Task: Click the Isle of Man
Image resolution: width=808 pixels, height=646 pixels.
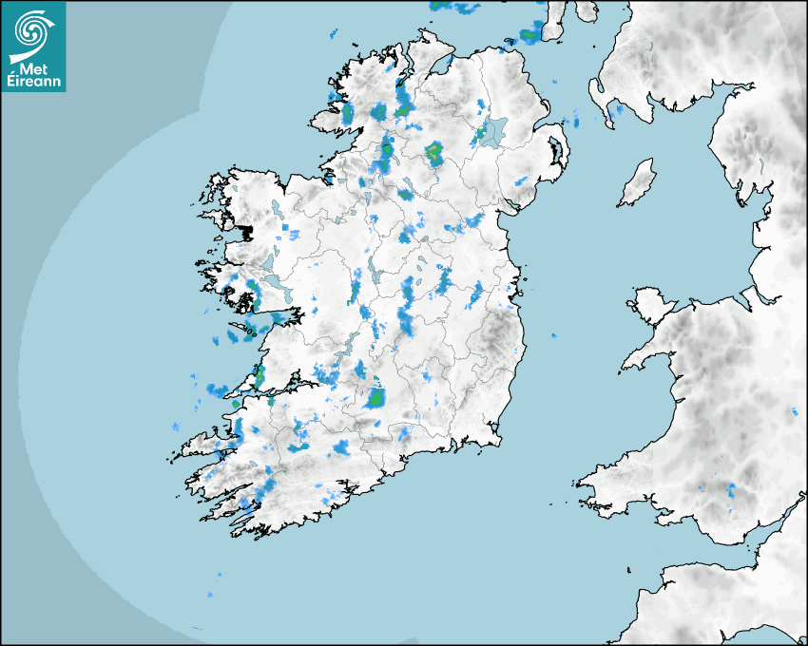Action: pyautogui.click(x=637, y=183)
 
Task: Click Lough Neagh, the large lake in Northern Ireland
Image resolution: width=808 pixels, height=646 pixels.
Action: pyautogui.click(x=494, y=132)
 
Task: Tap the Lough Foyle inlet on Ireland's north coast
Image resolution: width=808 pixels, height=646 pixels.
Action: pyautogui.click(x=441, y=65)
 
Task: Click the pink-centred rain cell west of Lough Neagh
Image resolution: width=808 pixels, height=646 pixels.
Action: pyautogui.click(x=434, y=150)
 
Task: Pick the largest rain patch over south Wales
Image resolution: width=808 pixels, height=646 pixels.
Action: pyautogui.click(x=731, y=491)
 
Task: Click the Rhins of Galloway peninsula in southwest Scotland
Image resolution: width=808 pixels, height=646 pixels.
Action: pyautogui.click(x=597, y=95)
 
